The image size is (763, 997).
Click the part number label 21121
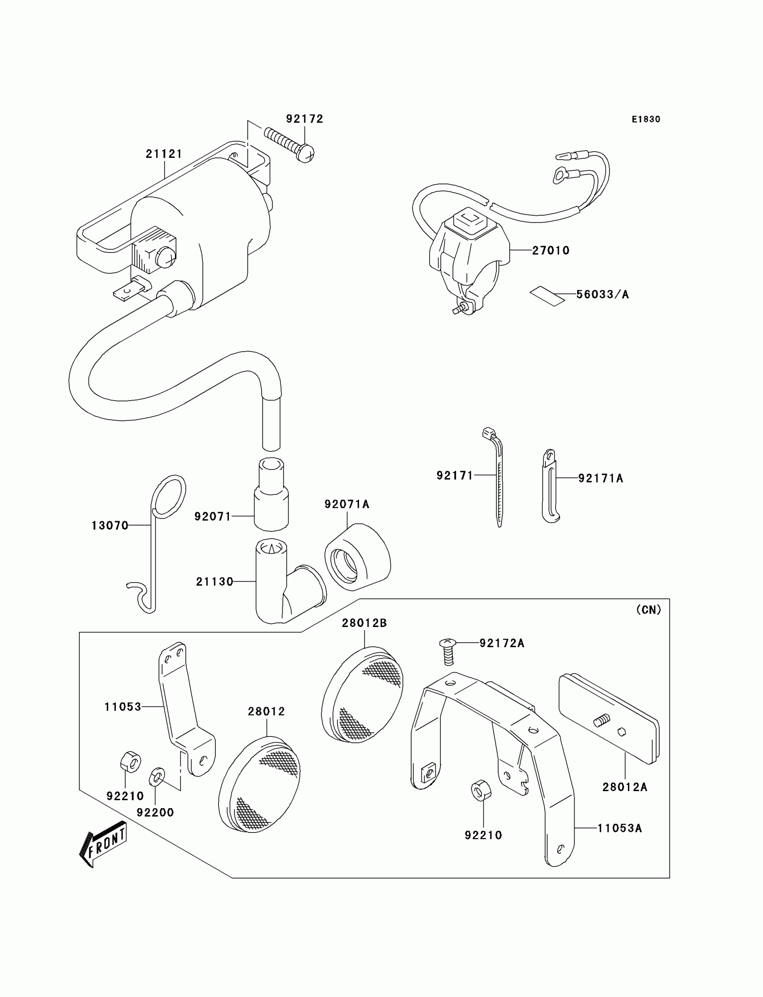(x=164, y=154)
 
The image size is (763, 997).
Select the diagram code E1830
(x=646, y=119)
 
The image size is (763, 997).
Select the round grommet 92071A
(x=357, y=557)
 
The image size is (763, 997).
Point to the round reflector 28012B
(x=362, y=695)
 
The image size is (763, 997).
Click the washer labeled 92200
(x=157, y=777)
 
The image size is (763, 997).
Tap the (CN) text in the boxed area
(x=649, y=610)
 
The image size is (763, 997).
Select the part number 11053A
(x=619, y=828)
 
